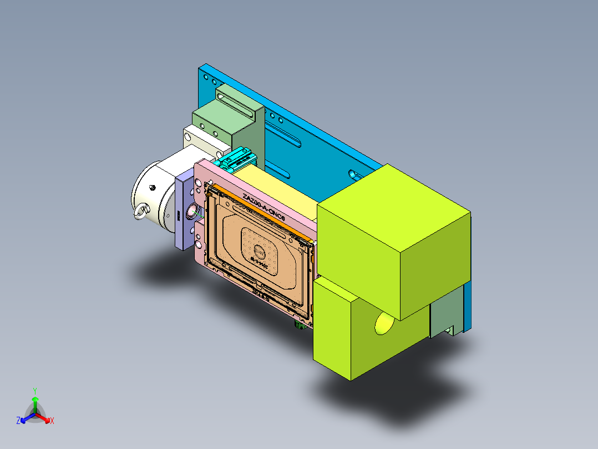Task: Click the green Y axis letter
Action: tap(34, 391)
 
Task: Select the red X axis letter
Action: tap(52, 421)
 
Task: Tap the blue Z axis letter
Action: tap(18, 421)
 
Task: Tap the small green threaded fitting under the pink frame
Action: tap(300, 325)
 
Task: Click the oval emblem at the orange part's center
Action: tap(260, 251)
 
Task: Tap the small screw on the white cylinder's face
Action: tap(151, 188)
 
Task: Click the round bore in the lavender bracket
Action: tap(192, 211)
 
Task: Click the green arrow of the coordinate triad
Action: tap(34, 402)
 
